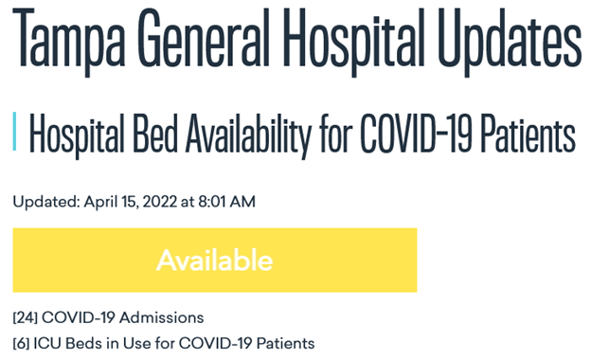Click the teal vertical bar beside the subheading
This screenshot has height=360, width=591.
pos(15,134)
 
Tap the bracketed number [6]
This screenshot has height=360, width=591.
pos(21,342)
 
